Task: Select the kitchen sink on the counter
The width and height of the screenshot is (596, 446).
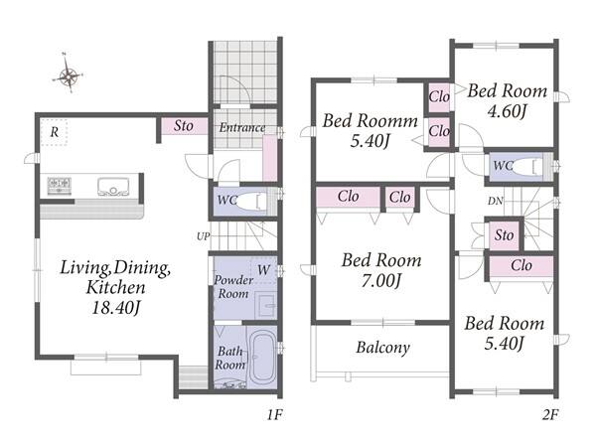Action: click(x=113, y=187)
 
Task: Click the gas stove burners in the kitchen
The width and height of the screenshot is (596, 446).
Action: click(x=60, y=186)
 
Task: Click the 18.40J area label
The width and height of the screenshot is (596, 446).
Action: click(x=116, y=307)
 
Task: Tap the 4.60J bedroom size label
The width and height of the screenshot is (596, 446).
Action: click(x=507, y=111)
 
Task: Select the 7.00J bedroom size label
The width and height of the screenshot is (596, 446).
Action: click(x=381, y=281)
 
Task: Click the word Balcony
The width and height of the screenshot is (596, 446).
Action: click(x=382, y=347)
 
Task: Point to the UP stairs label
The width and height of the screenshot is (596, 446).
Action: click(x=203, y=236)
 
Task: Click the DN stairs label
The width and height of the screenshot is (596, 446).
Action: click(x=496, y=201)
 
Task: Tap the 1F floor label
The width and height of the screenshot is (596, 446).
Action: click(x=274, y=414)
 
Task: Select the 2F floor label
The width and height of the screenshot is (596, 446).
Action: click(x=550, y=414)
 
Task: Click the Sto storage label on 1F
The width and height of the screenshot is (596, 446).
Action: click(x=183, y=126)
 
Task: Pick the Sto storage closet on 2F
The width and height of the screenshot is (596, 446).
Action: click(x=504, y=234)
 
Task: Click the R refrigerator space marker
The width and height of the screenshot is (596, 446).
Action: click(x=55, y=132)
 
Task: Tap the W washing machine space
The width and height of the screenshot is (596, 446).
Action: click(x=263, y=270)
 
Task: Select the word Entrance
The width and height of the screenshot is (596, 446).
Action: click(x=242, y=127)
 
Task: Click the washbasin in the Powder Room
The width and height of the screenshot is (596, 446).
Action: click(x=265, y=305)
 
